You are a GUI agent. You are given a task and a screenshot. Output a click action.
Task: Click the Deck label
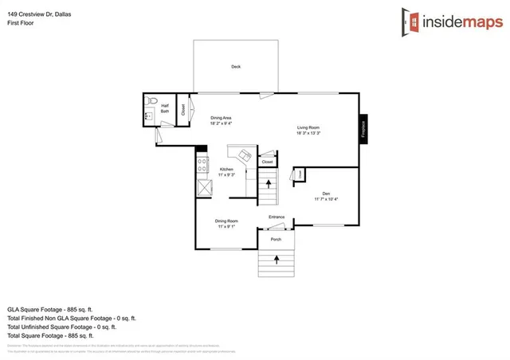[236, 66]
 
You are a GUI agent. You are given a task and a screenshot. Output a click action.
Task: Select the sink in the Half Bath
[148, 116]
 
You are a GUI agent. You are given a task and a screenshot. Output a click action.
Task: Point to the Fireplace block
[363, 127]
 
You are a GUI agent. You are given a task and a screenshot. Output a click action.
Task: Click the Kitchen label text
[226, 170]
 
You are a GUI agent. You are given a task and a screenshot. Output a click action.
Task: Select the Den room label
[326, 193]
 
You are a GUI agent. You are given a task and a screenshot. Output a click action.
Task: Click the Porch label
[276, 239]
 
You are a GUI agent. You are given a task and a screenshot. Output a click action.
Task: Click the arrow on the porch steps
[277, 260]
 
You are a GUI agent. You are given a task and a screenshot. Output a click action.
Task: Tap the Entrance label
[277, 217]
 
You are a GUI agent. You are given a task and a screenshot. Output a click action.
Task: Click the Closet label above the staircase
[267, 162]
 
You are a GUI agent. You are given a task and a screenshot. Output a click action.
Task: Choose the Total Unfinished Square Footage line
[62, 326]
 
